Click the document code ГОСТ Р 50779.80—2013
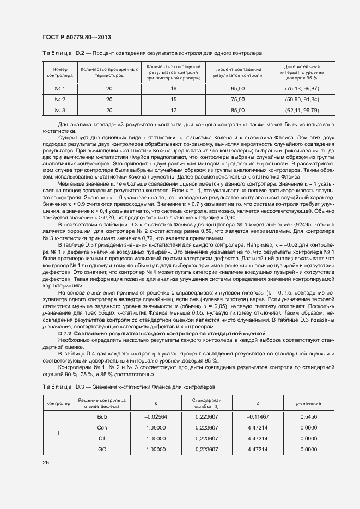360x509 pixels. click(77, 36)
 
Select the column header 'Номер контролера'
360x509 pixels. click(59, 73)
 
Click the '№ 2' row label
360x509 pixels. click(59, 100)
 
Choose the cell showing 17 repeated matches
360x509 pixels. click(174, 111)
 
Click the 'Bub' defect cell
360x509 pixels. click(102, 416)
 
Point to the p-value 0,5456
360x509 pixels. click(308, 416)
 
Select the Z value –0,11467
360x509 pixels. click(258, 416)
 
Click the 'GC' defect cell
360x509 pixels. click(102, 449)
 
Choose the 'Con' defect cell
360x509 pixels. click(102, 427)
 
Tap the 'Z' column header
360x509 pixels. click(258, 403)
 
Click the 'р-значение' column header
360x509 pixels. click(308, 403)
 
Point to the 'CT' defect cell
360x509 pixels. click(102, 438)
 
